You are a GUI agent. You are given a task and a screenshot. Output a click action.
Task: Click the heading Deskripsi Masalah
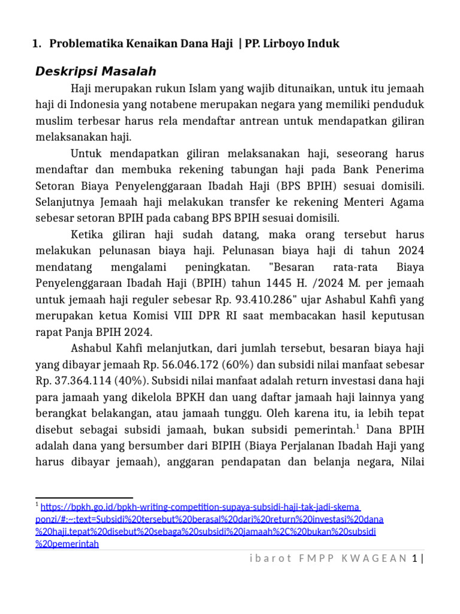coord(96,71)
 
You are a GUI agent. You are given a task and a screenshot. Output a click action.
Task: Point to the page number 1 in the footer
coord(414,559)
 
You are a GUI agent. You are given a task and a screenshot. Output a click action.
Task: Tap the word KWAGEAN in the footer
coord(374,559)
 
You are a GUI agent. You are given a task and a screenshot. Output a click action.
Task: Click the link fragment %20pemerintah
coord(66,544)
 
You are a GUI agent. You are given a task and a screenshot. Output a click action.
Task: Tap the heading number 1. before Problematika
coord(37,44)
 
